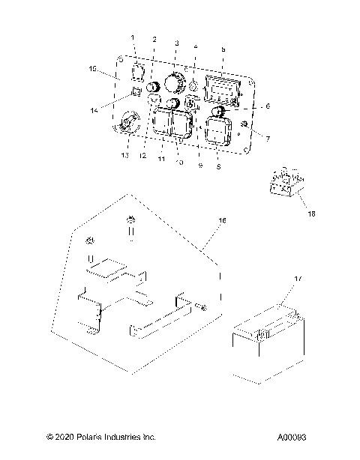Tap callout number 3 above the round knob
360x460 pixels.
click(176, 43)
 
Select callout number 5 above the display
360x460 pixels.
click(223, 49)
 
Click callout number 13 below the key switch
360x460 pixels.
click(124, 154)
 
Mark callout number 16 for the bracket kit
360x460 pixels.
click(221, 242)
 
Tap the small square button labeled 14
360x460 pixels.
click(136, 92)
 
